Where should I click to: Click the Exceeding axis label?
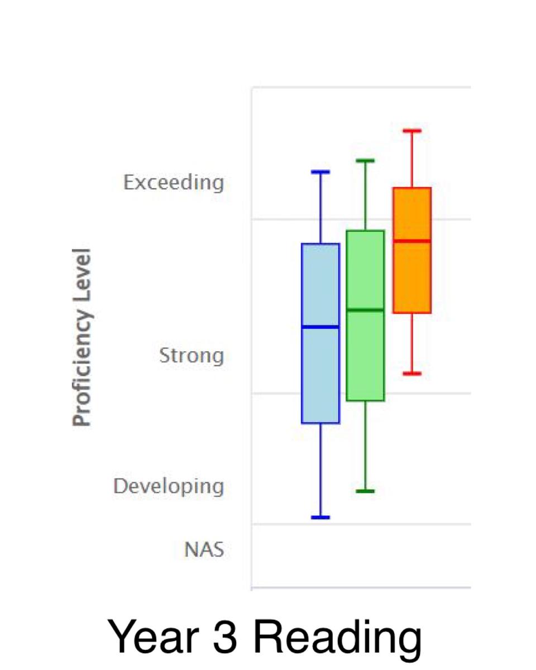(x=174, y=183)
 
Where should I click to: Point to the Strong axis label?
(x=192, y=356)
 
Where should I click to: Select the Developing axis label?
(x=169, y=487)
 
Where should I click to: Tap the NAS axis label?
(x=204, y=549)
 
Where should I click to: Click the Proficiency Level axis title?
(x=82, y=337)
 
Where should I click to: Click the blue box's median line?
(x=320, y=327)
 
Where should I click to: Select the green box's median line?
(x=365, y=310)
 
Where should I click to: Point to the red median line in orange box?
(x=412, y=241)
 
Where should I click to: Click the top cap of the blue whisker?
(x=320, y=172)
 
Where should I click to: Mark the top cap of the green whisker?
(x=365, y=161)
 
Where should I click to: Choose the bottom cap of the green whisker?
(x=365, y=491)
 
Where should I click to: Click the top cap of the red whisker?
(x=412, y=131)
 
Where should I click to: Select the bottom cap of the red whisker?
(x=412, y=374)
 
